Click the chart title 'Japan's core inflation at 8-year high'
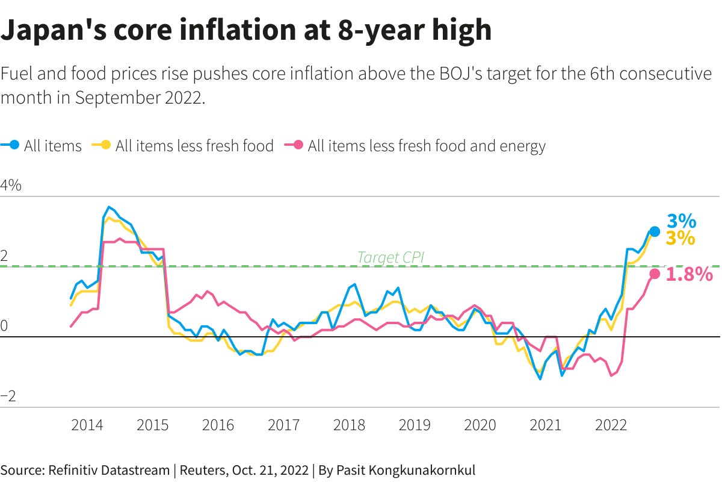[x=246, y=30]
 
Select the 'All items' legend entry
[x=42, y=146]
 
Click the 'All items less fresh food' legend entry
[x=183, y=146]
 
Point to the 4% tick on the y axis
[x=11, y=185]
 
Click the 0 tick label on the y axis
[x=5, y=326]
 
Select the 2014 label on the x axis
[x=87, y=425]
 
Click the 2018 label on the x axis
[x=349, y=425]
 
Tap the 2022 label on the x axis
[x=611, y=425]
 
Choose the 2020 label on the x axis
[x=480, y=425]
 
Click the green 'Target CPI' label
[x=390, y=258]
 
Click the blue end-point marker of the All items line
[x=655, y=231]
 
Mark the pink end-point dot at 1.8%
[x=655, y=274]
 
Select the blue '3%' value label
[x=681, y=221]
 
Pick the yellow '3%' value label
[x=680, y=239]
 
